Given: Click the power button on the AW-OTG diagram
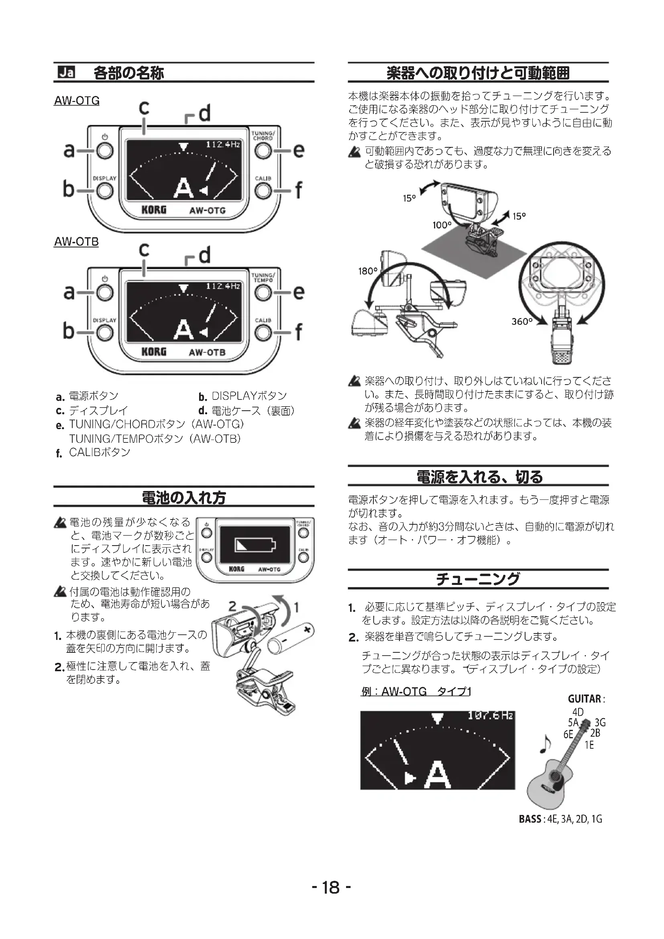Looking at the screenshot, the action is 105,151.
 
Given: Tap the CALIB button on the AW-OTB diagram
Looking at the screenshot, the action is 263,333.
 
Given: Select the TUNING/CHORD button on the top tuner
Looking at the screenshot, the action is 263,151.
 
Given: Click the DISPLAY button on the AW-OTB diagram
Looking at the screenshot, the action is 105,333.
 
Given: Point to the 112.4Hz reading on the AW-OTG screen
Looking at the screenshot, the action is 222,145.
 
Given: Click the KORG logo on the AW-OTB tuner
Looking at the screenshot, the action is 154,352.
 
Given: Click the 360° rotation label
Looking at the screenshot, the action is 522,322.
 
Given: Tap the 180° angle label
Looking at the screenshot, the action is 368,271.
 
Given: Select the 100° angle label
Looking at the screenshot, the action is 442,225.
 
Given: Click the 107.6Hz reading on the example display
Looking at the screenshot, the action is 490,716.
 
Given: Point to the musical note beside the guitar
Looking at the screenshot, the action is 545,743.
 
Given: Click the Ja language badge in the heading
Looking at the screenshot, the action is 66,72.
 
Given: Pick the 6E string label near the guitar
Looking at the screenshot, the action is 568,734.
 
